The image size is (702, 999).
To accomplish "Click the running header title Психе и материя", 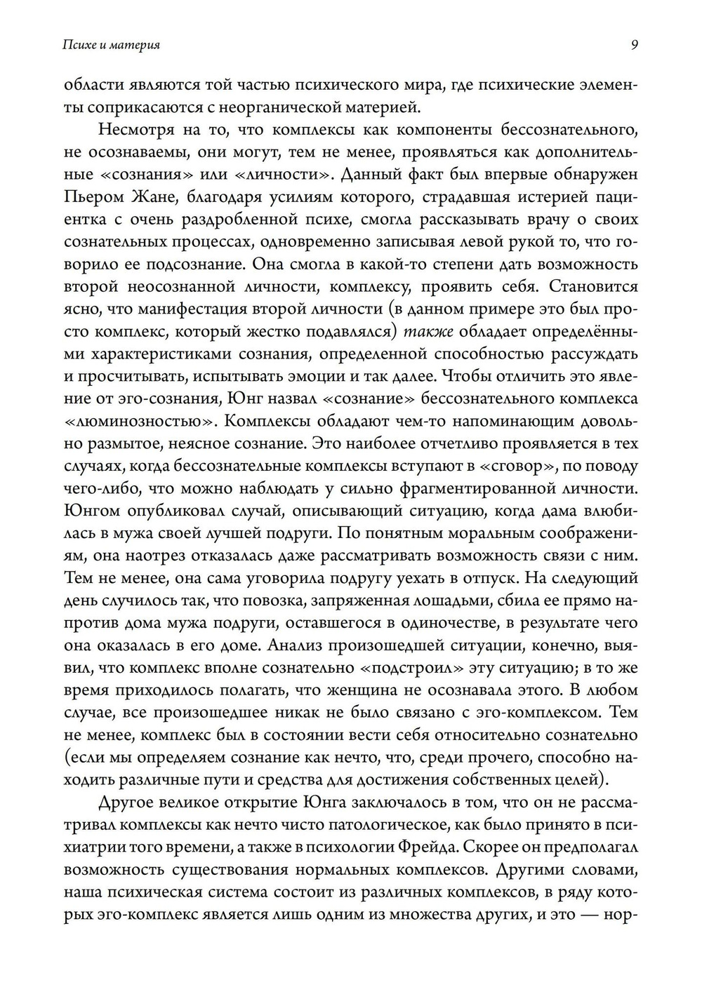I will (x=111, y=46).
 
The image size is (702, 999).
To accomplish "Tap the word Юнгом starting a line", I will (x=88, y=511).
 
